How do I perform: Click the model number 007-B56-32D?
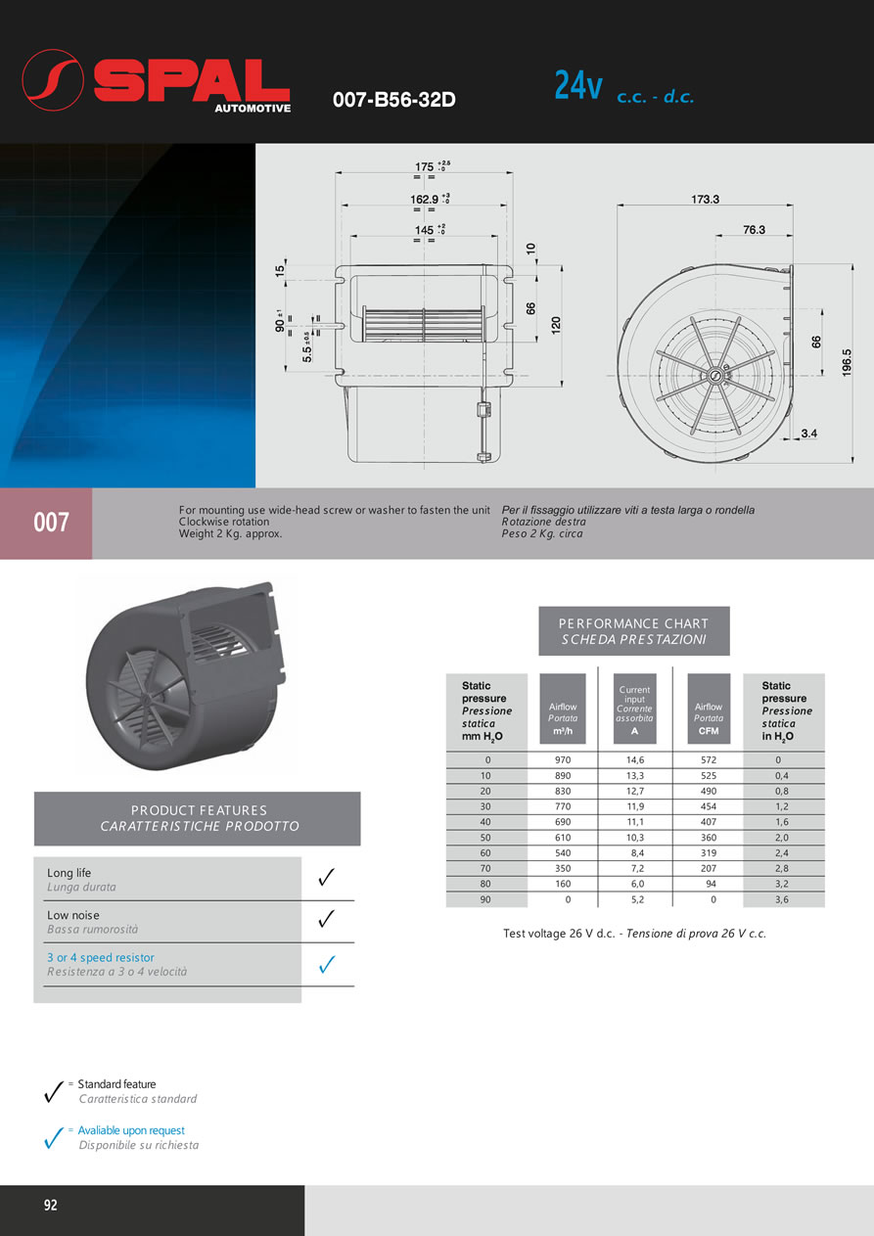pos(394,100)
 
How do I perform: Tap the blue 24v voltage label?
pos(577,87)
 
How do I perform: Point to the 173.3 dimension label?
pos(704,199)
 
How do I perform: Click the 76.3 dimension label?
pos(754,230)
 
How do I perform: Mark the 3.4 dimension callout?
pos(808,432)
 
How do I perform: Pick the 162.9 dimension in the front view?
pos(423,199)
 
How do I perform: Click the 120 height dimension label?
pos(556,326)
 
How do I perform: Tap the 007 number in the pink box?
pos(51,523)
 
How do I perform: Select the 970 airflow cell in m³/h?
pos(562,760)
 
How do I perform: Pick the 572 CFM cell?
pos(709,760)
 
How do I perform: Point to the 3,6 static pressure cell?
pos(782,898)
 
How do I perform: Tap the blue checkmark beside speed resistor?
pos(328,965)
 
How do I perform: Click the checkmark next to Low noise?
pos(328,919)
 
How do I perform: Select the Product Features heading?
pos(198,818)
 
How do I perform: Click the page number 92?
pos(50,1205)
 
